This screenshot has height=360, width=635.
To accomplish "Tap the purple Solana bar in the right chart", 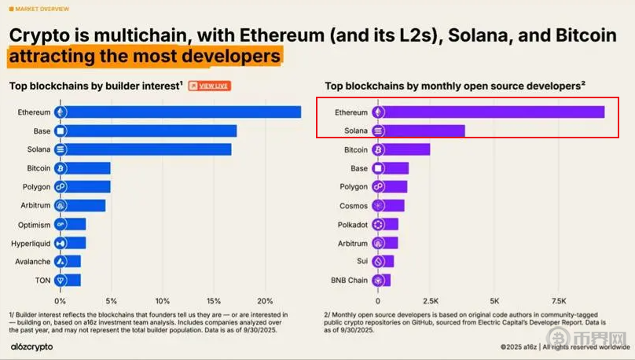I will pyautogui.click(x=424, y=130).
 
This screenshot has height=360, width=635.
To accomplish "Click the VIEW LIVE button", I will pyautogui.click(x=209, y=86).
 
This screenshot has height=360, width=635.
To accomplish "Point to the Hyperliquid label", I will pyautogui.click(x=31, y=243).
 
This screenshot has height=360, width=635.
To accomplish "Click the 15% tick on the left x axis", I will pyautogui.click(x=214, y=301).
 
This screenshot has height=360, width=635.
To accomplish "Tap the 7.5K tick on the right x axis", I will pyautogui.click(x=560, y=301).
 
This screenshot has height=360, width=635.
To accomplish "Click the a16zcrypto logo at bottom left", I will pyautogui.click(x=31, y=346).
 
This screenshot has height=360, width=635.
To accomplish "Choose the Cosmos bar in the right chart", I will pyautogui.click(x=395, y=205).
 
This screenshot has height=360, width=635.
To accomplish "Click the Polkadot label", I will pyautogui.click(x=352, y=224).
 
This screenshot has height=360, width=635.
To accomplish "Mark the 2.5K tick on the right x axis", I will pyautogui.click(x=430, y=301).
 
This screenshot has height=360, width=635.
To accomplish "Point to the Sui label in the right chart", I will pyautogui.click(x=362, y=261).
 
